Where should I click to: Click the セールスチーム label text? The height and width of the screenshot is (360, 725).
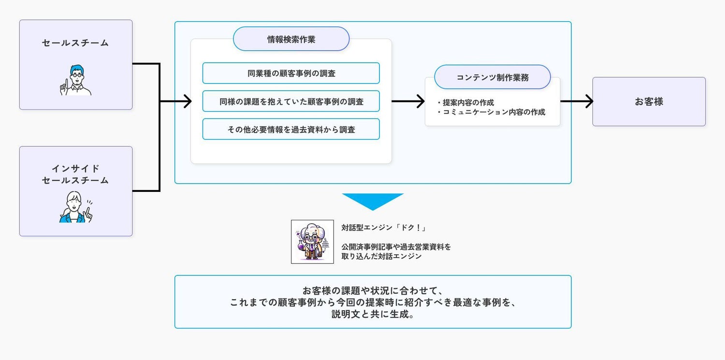75,43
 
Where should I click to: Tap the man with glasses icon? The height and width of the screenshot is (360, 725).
76,80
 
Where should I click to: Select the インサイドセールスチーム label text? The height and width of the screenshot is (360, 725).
75,174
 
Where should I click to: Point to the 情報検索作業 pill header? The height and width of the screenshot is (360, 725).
291,39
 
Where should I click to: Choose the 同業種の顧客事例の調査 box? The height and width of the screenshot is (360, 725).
291,73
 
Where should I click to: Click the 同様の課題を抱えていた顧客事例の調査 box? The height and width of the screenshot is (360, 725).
291,101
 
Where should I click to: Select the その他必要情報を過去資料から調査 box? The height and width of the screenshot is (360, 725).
291,129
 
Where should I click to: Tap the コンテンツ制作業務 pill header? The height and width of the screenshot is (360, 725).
492,77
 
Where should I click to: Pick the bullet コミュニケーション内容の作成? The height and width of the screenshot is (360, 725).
491,112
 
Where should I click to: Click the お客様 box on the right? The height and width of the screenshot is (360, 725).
649,102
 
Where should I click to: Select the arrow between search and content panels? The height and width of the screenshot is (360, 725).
408,101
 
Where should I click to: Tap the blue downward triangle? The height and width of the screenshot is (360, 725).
373,201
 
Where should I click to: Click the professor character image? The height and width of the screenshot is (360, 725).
312,242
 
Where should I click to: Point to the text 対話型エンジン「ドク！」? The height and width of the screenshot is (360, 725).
383,228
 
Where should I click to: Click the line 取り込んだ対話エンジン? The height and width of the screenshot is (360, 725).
381,257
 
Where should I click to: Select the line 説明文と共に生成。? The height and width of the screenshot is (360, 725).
373,314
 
